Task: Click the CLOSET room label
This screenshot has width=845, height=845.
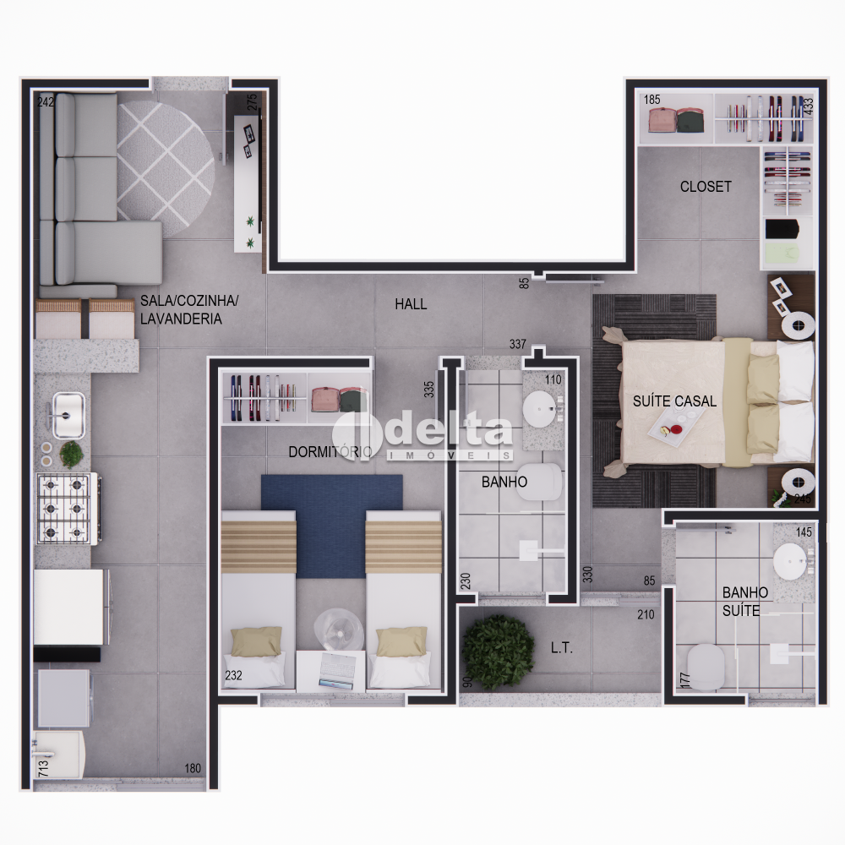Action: click(x=706, y=187)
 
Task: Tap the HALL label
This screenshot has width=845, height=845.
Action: click(x=411, y=304)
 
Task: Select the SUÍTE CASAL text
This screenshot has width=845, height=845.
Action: click(x=674, y=401)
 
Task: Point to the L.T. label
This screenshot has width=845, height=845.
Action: click(x=562, y=648)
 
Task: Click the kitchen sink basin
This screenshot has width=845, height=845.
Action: click(x=68, y=414)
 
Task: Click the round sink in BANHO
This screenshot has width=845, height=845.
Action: click(x=540, y=408)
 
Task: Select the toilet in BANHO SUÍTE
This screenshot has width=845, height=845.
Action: click(x=706, y=666)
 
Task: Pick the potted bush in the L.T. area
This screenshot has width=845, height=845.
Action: click(x=498, y=652)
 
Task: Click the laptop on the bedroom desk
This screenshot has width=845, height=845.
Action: click(x=337, y=670)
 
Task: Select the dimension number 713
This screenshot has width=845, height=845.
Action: click(x=44, y=767)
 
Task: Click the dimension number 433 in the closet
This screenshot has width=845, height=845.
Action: click(x=808, y=106)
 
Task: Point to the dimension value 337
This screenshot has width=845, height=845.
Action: click(x=517, y=344)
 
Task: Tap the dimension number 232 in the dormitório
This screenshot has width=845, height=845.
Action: click(x=233, y=674)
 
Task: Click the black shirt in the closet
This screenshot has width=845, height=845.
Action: click(x=782, y=229)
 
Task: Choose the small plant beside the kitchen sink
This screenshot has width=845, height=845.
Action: click(x=71, y=454)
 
